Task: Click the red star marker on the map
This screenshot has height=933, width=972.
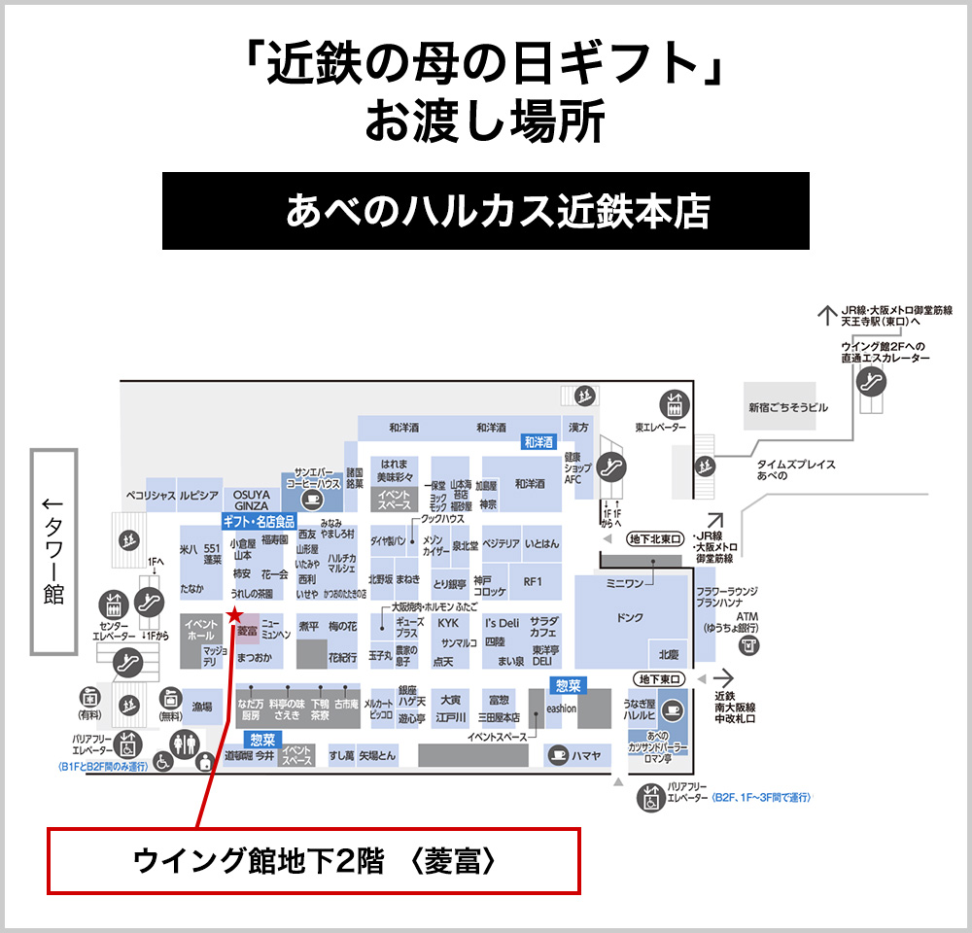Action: point(233,614)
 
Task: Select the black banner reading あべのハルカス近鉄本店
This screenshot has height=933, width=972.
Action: point(486,211)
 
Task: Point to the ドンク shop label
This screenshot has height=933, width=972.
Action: point(630,617)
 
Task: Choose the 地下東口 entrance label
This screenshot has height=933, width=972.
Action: point(659,678)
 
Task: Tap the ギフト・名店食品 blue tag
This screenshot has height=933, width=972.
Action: point(259,521)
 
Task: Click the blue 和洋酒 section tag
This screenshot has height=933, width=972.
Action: point(538,442)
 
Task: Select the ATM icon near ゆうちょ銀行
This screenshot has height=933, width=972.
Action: point(747,646)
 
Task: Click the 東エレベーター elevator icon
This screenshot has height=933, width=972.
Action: point(673,402)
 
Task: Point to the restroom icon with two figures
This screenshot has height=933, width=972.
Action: point(183,743)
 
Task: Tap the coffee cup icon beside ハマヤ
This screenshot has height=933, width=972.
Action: point(557,753)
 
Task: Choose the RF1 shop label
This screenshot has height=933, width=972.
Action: point(532,582)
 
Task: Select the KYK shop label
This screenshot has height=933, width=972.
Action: point(447,623)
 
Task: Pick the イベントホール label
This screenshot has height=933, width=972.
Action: point(201,629)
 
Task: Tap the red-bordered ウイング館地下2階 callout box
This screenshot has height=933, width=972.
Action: point(314,860)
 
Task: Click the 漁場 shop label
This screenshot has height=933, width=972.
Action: point(201,707)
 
